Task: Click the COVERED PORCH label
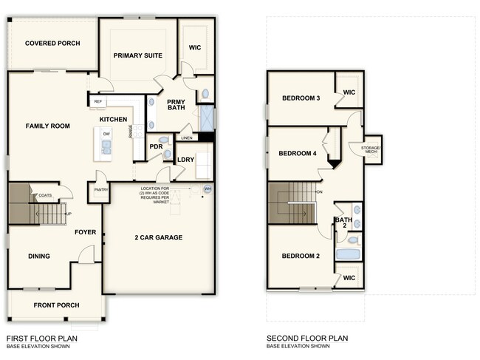[52, 44]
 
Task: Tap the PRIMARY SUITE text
[138, 55]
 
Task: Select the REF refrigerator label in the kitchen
[98, 102]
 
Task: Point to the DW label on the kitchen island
[106, 134]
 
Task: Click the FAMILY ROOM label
[48, 126]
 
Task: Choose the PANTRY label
[100, 190]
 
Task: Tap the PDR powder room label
[156, 146]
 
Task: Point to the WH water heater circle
[208, 189]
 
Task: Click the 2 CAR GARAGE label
[158, 237]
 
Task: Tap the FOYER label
[86, 232]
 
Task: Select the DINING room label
[39, 257]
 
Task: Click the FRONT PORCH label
[57, 305]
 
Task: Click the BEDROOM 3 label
[301, 98]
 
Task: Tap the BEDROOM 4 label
[297, 154]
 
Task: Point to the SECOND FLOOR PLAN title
[307, 339]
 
